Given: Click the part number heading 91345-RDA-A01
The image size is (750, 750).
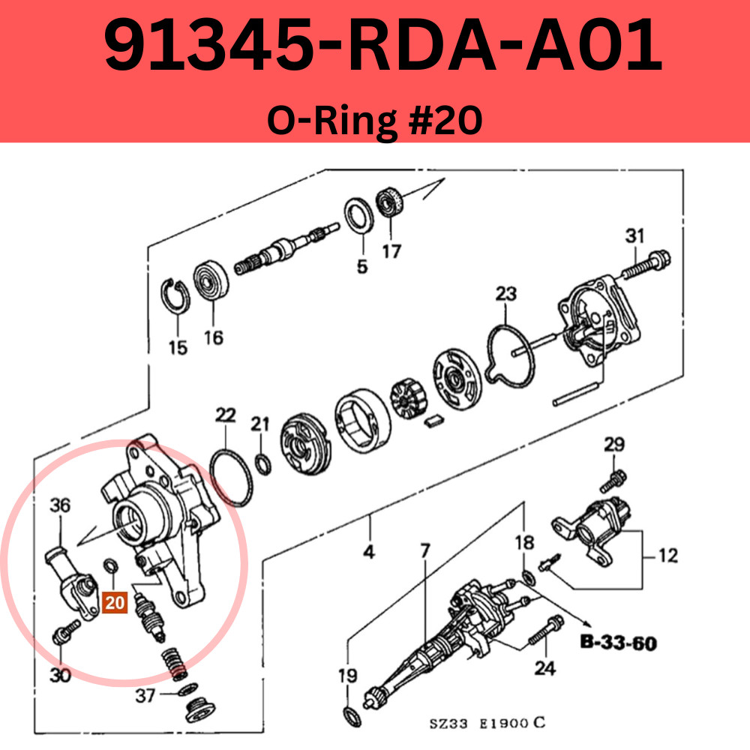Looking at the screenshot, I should point(382,46).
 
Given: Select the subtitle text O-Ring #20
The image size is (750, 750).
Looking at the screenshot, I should point(374,120).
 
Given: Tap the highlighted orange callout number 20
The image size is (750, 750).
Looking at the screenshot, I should point(115,602).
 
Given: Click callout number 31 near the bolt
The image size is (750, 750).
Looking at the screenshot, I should point(634,236).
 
